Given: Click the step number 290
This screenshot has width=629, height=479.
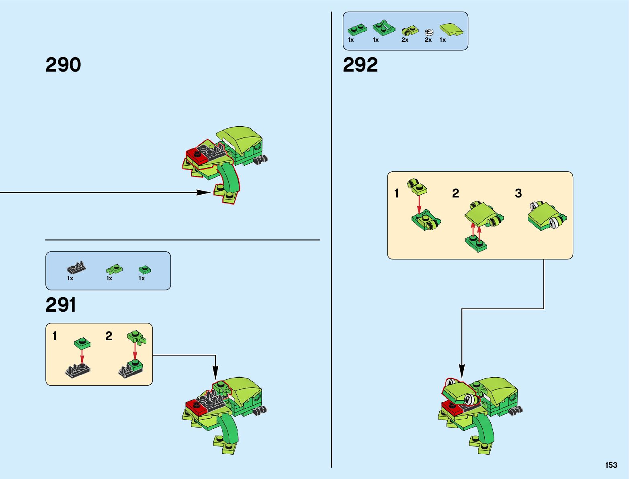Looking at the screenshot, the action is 63,65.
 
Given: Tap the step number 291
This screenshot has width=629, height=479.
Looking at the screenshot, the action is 61,305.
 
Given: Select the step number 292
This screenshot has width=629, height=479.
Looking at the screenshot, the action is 360,65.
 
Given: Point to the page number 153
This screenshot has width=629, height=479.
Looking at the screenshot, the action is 611,465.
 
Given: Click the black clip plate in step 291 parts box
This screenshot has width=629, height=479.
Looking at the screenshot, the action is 76,268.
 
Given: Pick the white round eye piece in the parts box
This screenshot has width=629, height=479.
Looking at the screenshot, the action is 429,32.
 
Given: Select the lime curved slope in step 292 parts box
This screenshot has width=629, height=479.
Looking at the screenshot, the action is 451,29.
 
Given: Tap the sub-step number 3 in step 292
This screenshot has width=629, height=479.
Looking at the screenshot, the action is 518,193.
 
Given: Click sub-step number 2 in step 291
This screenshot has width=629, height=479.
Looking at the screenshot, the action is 109,336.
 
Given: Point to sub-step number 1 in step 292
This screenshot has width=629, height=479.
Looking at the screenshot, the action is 397,193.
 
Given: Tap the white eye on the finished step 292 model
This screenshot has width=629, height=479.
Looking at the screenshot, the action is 469,399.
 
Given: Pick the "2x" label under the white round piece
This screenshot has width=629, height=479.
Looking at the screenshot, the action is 428,40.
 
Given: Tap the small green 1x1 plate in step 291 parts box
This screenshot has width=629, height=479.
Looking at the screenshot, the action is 145,269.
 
